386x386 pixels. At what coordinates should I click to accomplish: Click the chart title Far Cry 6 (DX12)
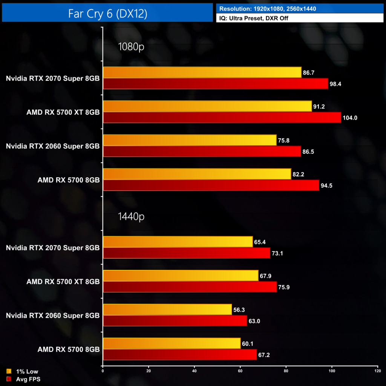[107, 13]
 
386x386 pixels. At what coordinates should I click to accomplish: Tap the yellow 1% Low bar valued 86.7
[202, 72]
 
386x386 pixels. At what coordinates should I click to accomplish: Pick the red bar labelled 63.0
[175, 321]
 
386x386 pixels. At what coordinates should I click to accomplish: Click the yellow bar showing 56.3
[167, 309]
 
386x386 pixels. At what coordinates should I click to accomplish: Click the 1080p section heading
[131, 47]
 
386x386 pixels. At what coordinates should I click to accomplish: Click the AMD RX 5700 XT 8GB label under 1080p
[63, 112]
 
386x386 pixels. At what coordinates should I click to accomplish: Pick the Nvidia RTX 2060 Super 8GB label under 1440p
[53, 315]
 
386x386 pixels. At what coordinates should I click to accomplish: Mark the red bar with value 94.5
[211, 185]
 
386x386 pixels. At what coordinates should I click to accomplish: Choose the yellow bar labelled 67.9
[181, 276]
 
